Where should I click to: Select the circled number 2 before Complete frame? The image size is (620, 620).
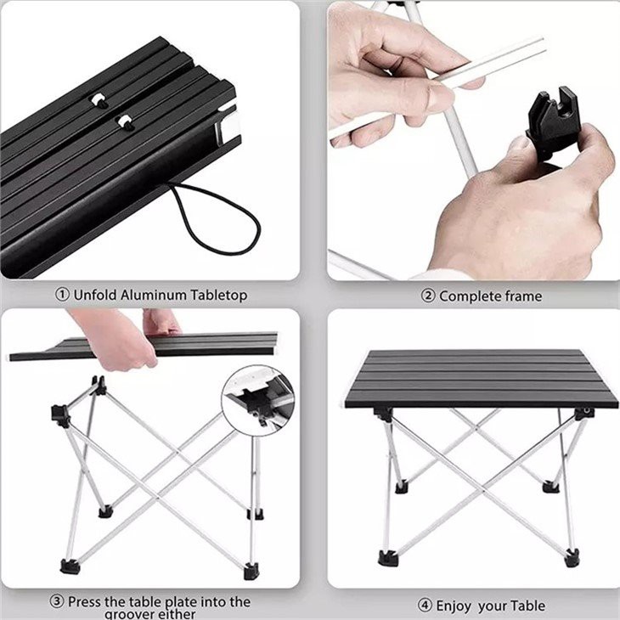click(428, 296)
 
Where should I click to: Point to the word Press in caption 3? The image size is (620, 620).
click(86, 601)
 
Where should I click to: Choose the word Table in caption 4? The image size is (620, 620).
click(527, 606)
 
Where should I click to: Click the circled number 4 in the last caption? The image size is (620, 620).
click(425, 606)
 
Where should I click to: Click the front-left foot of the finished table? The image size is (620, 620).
click(387, 558)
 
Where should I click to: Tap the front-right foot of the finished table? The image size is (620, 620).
click(572, 558)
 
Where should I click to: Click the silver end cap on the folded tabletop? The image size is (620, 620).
click(228, 127)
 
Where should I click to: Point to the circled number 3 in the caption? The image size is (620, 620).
click(58, 601)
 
